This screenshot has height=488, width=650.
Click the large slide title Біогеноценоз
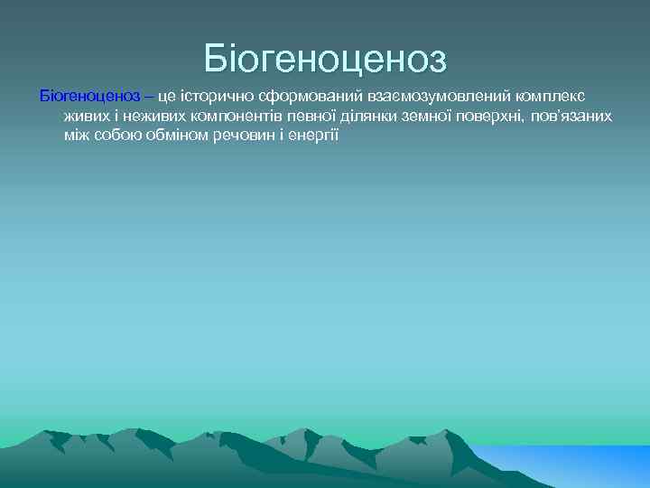(325, 59)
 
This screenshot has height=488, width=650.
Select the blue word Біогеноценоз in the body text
(88, 96)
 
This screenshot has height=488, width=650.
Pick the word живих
(86, 116)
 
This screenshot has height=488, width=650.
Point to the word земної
(450, 116)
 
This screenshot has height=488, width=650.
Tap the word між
(76, 135)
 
